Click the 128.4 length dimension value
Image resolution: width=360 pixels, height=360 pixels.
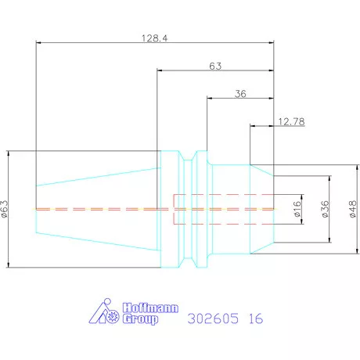[155, 38]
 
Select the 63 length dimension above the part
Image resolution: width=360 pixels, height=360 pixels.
[215, 66]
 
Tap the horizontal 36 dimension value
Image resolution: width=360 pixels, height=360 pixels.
[240, 94]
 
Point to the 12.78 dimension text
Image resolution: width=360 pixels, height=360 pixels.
[291, 121]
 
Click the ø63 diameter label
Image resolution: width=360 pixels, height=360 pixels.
[5, 209]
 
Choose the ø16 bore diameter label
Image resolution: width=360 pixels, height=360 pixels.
[297, 209]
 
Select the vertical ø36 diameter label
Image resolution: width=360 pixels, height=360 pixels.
[325, 209]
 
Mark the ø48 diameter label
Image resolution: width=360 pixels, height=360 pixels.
[353, 209]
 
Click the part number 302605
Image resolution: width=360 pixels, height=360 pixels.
[213, 319]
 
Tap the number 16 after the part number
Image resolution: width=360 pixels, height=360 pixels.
[256, 319]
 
